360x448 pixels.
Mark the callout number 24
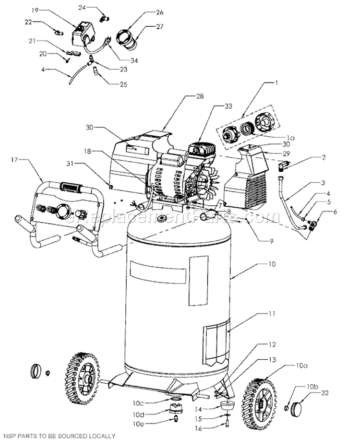82,7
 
